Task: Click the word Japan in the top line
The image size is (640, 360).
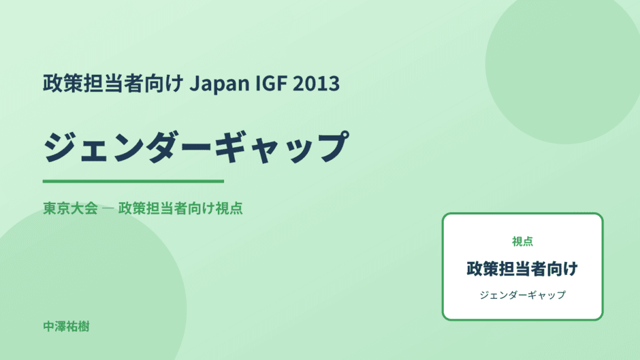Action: (220, 84)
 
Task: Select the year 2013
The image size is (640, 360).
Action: (317, 83)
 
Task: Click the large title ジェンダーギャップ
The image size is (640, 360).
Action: (196, 147)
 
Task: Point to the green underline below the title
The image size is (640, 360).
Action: (133, 181)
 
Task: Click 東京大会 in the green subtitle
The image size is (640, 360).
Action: (71, 208)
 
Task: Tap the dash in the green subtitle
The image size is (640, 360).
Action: (108, 208)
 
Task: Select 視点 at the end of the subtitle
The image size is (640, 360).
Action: (229, 208)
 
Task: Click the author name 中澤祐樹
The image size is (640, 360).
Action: (66, 327)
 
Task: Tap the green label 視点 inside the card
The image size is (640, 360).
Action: (522, 242)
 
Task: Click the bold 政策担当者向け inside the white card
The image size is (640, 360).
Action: (522, 269)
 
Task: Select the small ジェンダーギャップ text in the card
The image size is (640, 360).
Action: (522, 295)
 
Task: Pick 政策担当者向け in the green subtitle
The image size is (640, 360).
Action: (166, 208)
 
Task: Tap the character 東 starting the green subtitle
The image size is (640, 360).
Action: (50, 208)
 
